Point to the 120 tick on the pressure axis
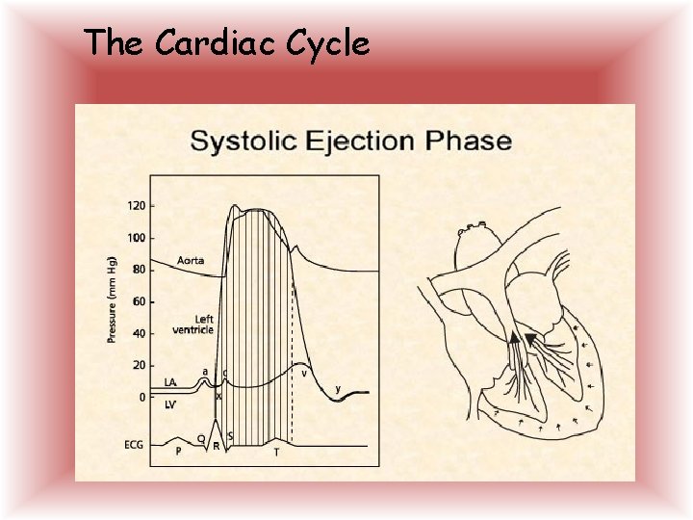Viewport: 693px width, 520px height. pos(136,206)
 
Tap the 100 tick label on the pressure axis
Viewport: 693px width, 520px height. pos(136,238)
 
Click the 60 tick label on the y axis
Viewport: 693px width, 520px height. pos(139,301)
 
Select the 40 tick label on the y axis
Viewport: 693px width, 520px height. pos(139,333)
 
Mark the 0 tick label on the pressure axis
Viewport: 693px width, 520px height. pos(142,397)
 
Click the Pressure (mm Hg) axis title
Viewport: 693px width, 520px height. pos(112,299)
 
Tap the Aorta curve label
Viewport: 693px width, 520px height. pos(191,261)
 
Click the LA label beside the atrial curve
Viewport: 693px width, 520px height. pos(170,382)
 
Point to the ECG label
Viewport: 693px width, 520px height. pos(134,445)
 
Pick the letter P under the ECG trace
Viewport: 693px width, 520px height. pos(178,451)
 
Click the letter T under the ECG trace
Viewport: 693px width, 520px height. pos(276,452)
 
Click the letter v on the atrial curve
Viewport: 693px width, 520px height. pos(304,373)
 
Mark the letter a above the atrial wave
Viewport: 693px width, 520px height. pos(204,371)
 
